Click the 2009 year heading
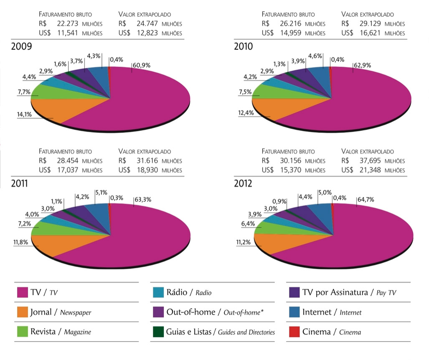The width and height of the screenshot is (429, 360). (x=21, y=46)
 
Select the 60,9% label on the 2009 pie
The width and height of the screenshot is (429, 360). (x=142, y=65)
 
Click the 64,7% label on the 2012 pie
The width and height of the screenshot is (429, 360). (x=366, y=200)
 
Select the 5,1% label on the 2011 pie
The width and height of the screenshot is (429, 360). (x=101, y=192)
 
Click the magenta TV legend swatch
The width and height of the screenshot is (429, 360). (x=22, y=293)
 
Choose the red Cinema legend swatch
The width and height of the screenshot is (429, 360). (x=294, y=332)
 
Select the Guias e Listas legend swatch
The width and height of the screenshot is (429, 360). (x=158, y=332)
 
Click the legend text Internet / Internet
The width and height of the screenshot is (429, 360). (x=332, y=312)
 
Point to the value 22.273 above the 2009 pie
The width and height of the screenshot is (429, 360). (x=67, y=24)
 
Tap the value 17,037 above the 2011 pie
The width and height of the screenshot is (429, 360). (x=67, y=170)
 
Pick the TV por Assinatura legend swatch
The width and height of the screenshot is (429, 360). (x=294, y=293)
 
